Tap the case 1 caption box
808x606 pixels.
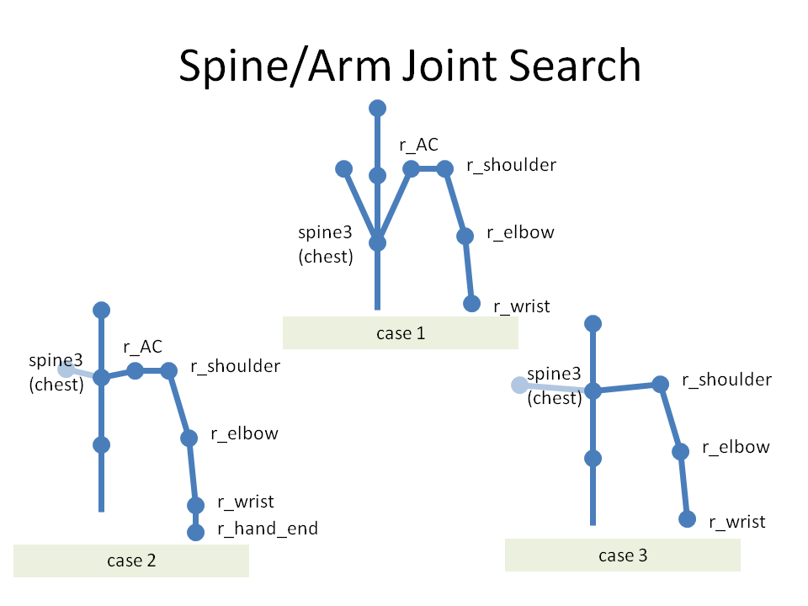[x=401, y=333]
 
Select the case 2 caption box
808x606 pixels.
[x=131, y=561]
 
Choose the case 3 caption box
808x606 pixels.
[x=623, y=555]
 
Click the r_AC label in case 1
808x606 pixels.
[x=418, y=145]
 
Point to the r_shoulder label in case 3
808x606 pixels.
[x=726, y=380]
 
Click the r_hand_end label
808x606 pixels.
[x=268, y=529]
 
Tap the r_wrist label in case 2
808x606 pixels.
[x=245, y=502]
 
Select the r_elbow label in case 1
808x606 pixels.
[x=520, y=232]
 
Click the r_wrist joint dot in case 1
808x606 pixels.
[x=471, y=304]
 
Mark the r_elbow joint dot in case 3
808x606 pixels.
[x=680, y=451]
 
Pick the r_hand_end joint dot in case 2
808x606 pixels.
[x=195, y=532]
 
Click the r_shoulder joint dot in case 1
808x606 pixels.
[x=444, y=168]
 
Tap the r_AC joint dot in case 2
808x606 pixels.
[x=135, y=370]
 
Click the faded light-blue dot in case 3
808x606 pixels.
[x=519, y=385]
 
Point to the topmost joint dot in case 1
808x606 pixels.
[x=377, y=109]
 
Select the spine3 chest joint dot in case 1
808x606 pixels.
[x=377, y=242]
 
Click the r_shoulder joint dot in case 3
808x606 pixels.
[x=660, y=384]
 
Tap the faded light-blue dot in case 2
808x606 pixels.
[x=66, y=369]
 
